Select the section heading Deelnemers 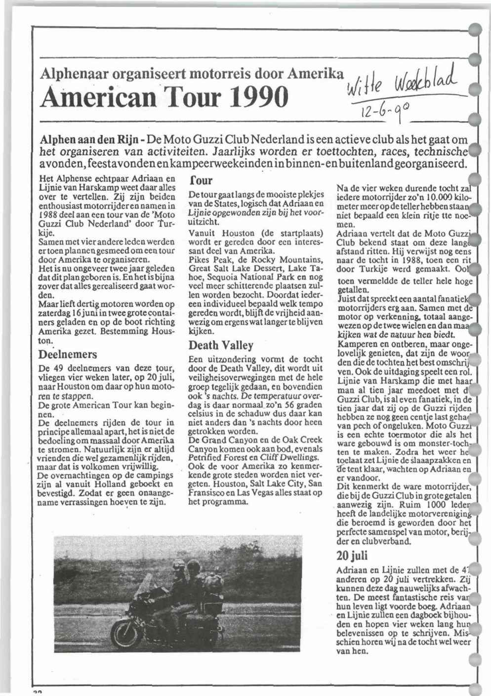[68, 354]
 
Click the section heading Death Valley [221, 345]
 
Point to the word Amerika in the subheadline [316, 74]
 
